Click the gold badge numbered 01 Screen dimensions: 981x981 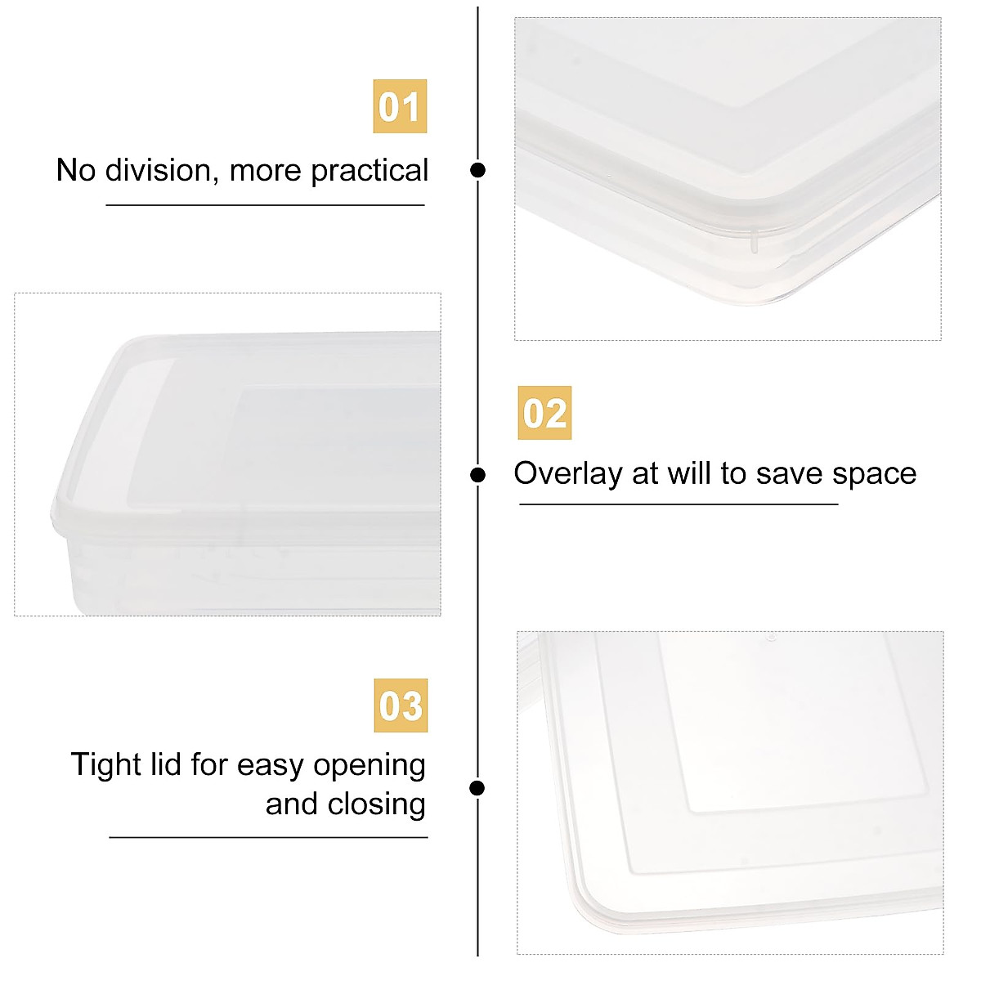coord(400,106)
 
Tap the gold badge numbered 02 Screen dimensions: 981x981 coord(544,413)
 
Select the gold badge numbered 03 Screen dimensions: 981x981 coord(401,706)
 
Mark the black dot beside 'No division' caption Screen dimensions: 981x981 coord(478,170)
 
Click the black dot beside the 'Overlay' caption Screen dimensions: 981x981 coord(478,475)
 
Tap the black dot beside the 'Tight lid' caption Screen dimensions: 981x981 coord(478,788)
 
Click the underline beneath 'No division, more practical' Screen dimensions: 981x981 coord(265,204)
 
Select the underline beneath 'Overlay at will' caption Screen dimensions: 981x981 coord(679,504)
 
